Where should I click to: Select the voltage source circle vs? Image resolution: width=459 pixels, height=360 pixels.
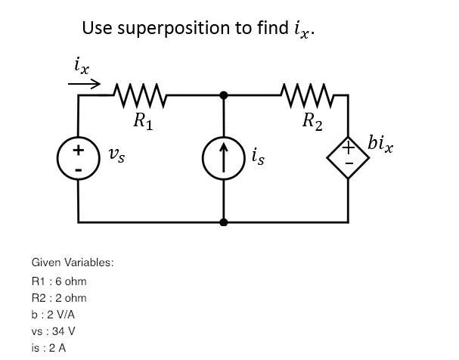click(78, 159)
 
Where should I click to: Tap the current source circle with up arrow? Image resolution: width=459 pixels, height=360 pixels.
click(224, 160)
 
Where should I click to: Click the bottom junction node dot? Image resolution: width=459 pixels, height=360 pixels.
click(224, 222)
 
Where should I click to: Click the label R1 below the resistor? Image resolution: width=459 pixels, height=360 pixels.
click(142, 119)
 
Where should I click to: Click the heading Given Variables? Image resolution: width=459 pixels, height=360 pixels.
click(73, 262)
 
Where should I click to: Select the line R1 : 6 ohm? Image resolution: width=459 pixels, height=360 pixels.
click(59, 281)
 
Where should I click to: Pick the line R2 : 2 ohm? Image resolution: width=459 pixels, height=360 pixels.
click(59, 298)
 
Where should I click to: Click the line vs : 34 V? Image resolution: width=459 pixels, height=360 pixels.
click(53, 331)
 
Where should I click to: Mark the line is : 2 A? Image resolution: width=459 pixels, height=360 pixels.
click(49, 348)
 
